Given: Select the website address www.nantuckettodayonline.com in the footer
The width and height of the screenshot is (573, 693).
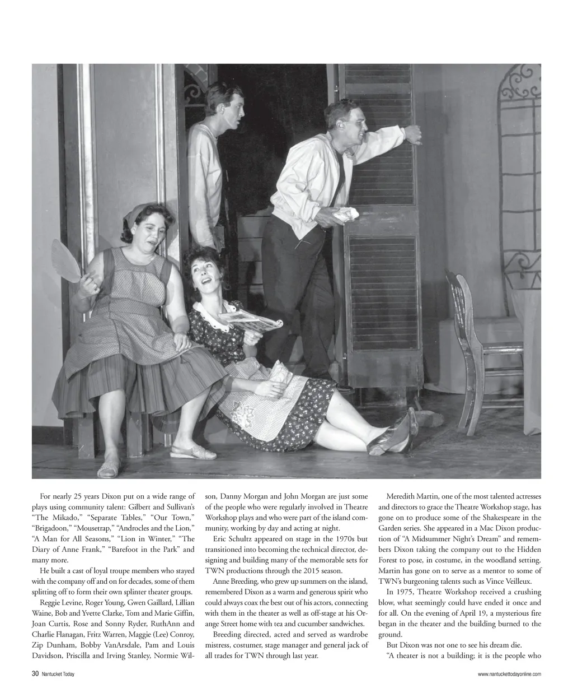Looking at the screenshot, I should pyautogui.click(x=509, y=675).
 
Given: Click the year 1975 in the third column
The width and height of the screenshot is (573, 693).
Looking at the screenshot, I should pyautogui.click(x=413, y=592).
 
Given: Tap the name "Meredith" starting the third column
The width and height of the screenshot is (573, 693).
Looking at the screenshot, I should pyautogui.click(x=402, y=496).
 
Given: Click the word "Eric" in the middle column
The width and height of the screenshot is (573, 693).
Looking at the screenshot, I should pyautogui.click(x=220, y=538).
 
